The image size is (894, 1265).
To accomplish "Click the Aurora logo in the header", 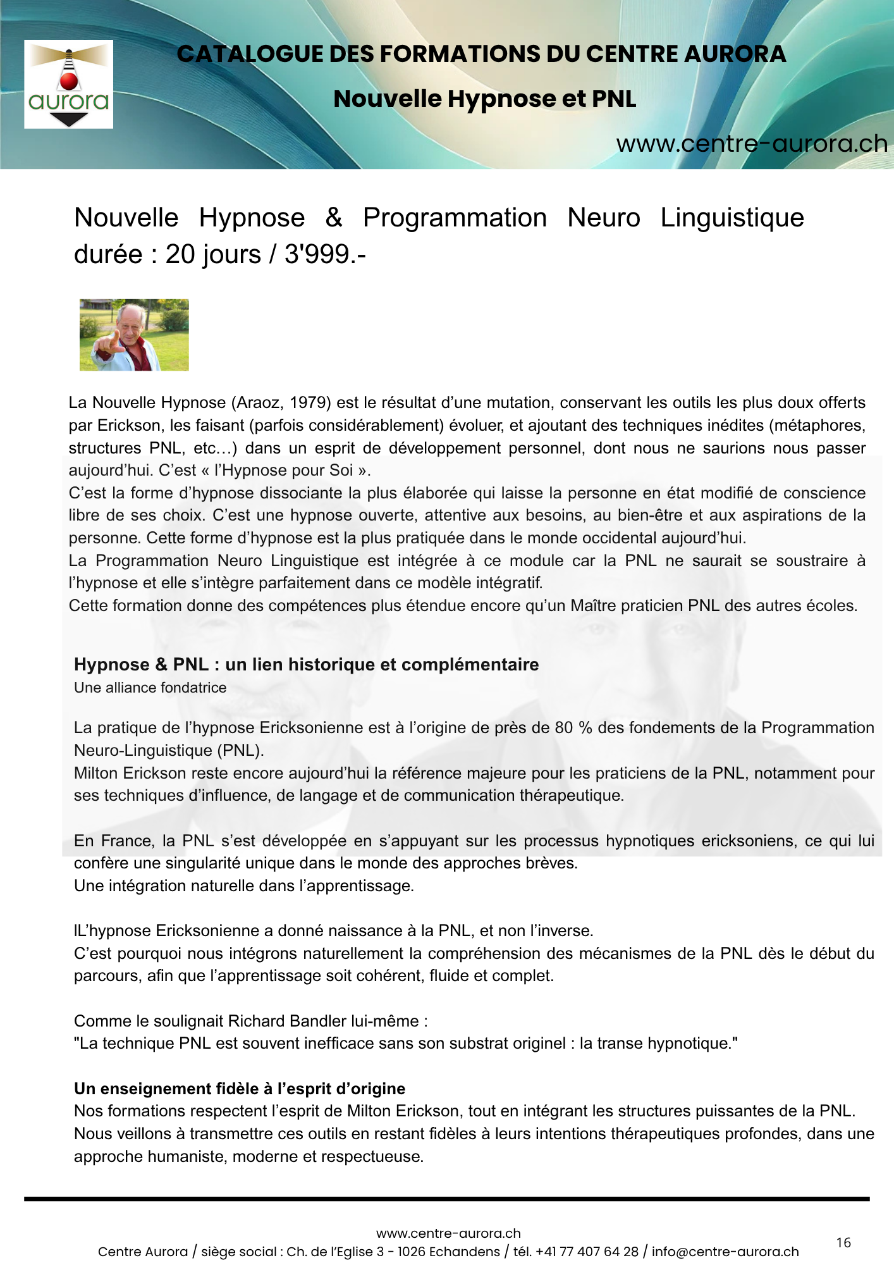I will [68, 84].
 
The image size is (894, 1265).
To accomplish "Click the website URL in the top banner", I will [752, 144].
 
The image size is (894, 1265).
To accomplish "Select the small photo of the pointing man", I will [134, 335].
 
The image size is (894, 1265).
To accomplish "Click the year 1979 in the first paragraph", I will [314, 403].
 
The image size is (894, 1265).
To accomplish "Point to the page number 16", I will [843, 1243].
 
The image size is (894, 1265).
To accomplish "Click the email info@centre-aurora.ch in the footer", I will [725, 1252].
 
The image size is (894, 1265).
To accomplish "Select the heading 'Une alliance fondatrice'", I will [150, 688].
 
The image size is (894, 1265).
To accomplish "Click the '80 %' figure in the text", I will [573, 728].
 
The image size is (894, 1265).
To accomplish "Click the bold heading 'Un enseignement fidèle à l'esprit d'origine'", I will [240, 1089].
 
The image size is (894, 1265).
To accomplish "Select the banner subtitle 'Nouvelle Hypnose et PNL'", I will [484, 99].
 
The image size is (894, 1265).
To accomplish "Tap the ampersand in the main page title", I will [333, 218].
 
